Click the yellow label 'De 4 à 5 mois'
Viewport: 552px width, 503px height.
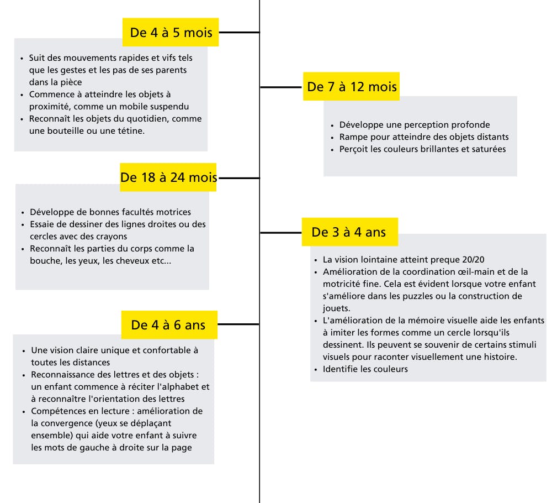171,32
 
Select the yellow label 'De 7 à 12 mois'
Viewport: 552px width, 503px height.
352,87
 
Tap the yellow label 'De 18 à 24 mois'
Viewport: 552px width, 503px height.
168,177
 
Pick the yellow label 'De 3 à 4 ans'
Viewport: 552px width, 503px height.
349,232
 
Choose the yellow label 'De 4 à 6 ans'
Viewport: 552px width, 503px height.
168,324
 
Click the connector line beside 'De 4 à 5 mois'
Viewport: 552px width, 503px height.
239,32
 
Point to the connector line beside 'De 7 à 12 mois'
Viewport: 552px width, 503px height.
282,87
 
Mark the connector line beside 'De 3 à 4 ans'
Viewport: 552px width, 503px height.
280,232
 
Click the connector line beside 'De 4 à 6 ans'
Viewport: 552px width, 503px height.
238,324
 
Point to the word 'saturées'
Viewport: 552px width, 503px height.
489,149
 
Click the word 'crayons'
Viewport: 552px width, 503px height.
110,237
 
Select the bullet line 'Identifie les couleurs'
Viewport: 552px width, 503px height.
365,369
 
